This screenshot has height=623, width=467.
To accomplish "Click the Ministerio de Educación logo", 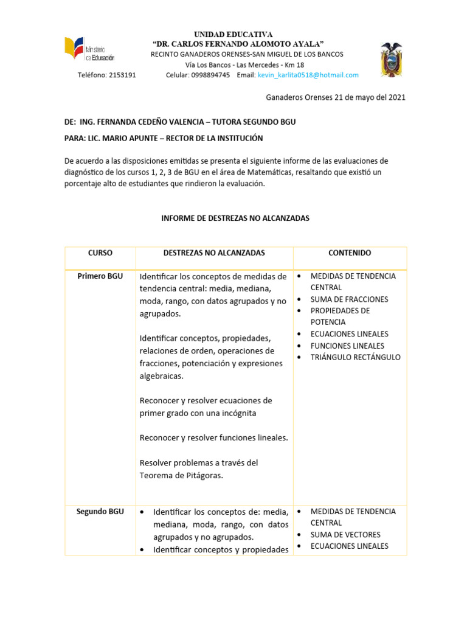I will tap(89, 49).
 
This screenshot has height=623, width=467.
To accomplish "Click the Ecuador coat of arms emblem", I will tap(391, 60).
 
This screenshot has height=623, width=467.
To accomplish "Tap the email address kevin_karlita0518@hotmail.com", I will tap(308, 75).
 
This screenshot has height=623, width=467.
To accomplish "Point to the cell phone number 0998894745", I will tap(210, 75).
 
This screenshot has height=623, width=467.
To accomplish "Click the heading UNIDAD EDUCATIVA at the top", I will tap(233, 35).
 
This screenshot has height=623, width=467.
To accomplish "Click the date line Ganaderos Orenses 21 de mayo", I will tap(336, 97).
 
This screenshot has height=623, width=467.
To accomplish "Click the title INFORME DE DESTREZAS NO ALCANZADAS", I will tap(235, 218).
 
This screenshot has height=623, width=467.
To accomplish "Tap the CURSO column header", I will tap(100, 252).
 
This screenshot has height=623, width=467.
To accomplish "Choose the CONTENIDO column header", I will tap(350, 252).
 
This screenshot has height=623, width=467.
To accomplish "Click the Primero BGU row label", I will tap(100, 276).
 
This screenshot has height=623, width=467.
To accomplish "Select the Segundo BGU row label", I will tap(100, 512).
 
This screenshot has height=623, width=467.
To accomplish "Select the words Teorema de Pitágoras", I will tap(181, 476).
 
